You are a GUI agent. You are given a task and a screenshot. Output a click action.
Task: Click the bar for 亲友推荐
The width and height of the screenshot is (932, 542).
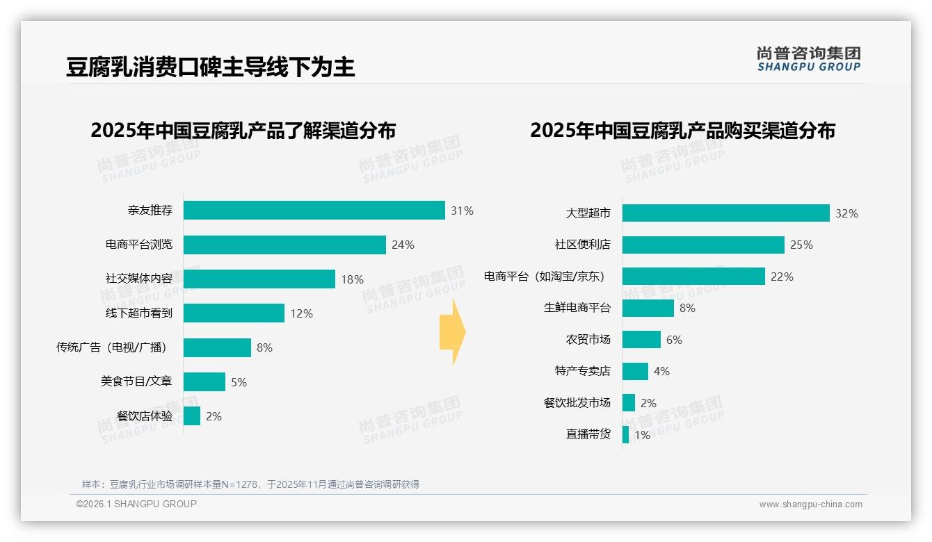[314, 211]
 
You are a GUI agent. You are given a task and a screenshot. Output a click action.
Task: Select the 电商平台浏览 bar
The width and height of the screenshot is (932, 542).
[284, 245]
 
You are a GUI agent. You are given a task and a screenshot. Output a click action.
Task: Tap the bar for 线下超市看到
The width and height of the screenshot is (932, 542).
[234, 313]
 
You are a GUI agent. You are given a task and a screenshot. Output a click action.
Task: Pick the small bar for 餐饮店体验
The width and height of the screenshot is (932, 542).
[192, 416]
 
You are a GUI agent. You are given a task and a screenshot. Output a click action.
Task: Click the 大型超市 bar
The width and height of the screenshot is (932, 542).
[725, 213]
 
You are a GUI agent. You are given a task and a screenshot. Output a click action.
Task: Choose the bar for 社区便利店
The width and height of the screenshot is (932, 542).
[703, 245]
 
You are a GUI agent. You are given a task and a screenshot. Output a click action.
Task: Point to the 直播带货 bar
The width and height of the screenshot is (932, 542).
[626, 435]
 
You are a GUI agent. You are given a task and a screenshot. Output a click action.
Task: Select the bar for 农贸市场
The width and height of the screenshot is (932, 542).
[641, 340]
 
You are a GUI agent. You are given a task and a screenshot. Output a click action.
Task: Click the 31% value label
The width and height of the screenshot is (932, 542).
[462, 211]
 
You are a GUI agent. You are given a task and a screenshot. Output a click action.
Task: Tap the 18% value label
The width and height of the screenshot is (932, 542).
[352, 279]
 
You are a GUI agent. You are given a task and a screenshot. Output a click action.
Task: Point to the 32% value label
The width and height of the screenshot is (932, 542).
[846, 213]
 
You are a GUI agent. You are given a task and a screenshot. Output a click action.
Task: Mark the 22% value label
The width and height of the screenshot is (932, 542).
[782, 277]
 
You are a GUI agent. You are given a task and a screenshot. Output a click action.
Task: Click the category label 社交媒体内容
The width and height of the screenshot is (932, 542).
[138, 279]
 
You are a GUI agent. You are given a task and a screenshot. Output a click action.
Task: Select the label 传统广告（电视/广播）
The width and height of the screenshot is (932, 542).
[114, 347]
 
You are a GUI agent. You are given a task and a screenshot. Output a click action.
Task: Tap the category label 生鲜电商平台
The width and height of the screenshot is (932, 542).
[577, 308]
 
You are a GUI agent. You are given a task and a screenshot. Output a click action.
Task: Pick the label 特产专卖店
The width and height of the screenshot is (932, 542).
[582, 371]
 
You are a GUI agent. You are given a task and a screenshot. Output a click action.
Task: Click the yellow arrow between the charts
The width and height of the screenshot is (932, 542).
[452, 332]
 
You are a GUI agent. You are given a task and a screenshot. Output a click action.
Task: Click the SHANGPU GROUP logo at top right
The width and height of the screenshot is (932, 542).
[808, 59]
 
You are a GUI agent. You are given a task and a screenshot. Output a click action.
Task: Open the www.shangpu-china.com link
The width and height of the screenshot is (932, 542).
[810, 504]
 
